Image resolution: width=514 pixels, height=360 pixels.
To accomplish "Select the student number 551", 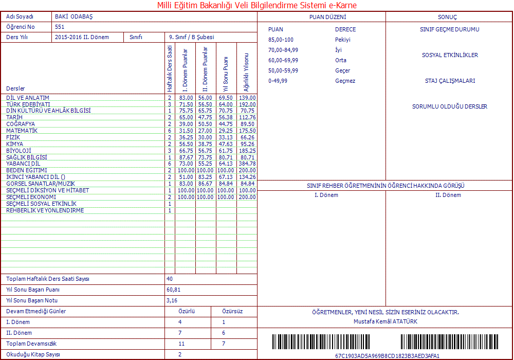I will (60, 27).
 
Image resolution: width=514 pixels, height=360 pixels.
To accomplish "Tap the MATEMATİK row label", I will (22, 131).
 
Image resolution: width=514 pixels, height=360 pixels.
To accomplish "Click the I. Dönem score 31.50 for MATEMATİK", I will (186, 131).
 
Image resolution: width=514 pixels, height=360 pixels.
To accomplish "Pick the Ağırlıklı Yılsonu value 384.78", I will (247, 164).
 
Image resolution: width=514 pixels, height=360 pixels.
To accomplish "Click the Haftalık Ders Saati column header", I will (170, 68).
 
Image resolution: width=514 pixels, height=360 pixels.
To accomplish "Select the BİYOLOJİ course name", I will (19, 151).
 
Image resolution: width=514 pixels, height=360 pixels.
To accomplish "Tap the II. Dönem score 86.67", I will (205, 184).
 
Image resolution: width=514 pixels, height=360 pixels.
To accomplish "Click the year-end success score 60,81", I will (173, 290).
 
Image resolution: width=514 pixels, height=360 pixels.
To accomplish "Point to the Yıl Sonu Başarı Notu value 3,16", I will (172, 300).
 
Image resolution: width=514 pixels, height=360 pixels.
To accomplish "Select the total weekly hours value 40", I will (170, 279).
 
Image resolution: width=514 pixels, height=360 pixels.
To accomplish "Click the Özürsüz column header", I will (232, 311).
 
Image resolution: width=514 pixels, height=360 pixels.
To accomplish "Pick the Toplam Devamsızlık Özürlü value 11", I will (181, 344).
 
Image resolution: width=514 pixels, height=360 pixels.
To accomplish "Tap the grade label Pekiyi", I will (342, 40).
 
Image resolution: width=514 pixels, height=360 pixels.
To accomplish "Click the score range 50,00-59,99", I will (283, 70).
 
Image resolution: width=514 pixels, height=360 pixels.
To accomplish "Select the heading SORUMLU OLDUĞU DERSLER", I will (449, 106).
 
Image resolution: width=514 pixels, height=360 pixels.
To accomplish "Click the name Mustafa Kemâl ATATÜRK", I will (385, 321).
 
